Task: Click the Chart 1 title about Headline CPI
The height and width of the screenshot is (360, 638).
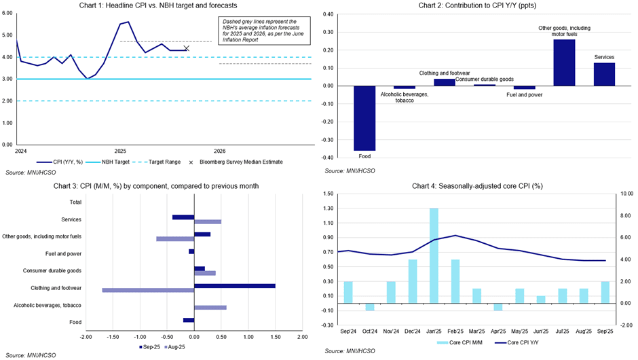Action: (x=164, y=5)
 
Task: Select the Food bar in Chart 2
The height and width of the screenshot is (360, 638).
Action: (x=364, y=118)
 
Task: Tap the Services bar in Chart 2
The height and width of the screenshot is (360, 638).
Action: (x=604, y=74)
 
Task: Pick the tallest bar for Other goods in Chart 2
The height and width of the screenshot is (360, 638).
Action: (x=564, y=62)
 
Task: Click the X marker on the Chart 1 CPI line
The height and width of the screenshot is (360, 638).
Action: (x=187, y=48)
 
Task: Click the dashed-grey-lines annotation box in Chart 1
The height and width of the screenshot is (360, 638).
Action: (x=265, y=31)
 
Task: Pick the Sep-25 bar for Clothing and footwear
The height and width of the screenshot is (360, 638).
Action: (x=235, y=286)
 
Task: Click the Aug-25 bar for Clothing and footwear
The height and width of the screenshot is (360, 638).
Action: (x=148, y=290)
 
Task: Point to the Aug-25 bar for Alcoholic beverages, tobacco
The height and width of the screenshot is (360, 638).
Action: (x=210, y=308)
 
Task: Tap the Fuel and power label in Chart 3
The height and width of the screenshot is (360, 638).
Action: (x=65, y=253)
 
